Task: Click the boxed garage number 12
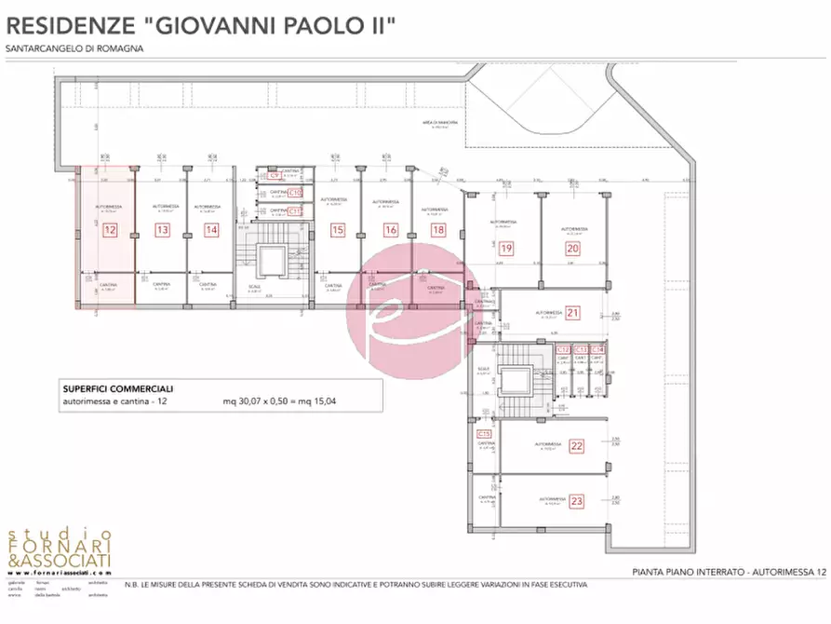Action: pos(110,229)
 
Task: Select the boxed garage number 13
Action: pos(163,229)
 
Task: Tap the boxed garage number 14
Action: pos(211,229)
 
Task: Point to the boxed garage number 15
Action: pos(338,229)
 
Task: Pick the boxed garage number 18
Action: pos(438,229)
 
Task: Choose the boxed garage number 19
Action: pos(506,249)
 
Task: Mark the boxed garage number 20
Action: pos(572,249)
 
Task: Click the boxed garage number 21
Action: pos(573,313)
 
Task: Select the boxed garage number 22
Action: pos(577,447)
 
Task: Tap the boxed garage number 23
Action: pos(577,501)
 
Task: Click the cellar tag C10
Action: pos(295,193)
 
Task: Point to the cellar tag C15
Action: pos(484,434)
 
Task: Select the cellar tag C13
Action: pos(581,349)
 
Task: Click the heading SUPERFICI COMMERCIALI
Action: pos(117,388)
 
